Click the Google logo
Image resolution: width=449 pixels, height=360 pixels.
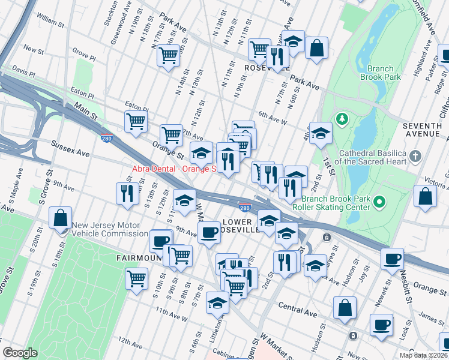pos(20,353)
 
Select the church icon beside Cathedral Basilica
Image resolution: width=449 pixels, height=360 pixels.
pos(415,157)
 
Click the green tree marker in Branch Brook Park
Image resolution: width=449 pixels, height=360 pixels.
pos(343,118)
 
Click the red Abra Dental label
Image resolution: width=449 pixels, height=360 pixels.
pos(173,169)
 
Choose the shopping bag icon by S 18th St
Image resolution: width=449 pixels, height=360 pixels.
pos(61,218)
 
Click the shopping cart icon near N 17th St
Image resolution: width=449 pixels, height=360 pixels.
pos(169,56)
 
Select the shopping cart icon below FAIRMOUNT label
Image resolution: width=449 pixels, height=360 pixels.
pos(137,278)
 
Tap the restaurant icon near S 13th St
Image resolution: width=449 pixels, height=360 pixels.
pos(127,193)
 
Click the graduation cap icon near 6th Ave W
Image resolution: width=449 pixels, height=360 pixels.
pos(321,133)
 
